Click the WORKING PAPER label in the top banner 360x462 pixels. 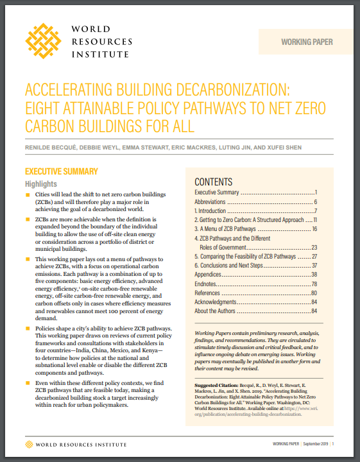(307, 42)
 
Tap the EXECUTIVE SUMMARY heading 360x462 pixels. (61, 171)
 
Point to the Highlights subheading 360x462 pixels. (40, 184)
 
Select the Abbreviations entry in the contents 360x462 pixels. (215, 201)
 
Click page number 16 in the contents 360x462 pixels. (314, 228)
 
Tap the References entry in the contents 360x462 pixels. (211, 292)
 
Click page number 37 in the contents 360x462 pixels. (314, 265)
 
